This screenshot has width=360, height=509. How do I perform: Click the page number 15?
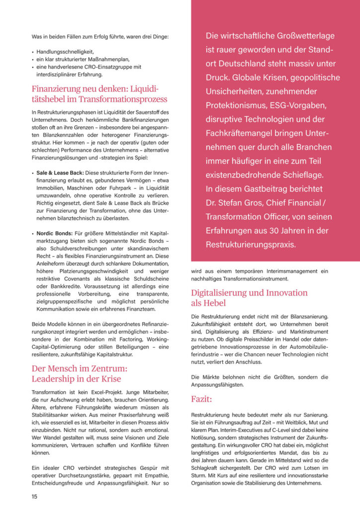(x=34, y=496)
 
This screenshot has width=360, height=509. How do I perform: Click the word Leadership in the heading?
(x=55, y=378)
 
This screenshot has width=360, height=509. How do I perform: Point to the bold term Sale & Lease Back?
(x=60, y=172)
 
